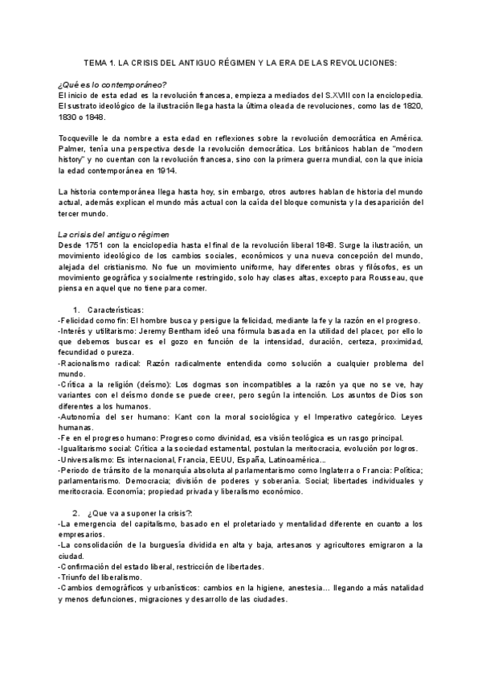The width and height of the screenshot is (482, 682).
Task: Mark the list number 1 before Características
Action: [x=76, y=310]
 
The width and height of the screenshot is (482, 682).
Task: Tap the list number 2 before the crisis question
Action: [x=76, y=513]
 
